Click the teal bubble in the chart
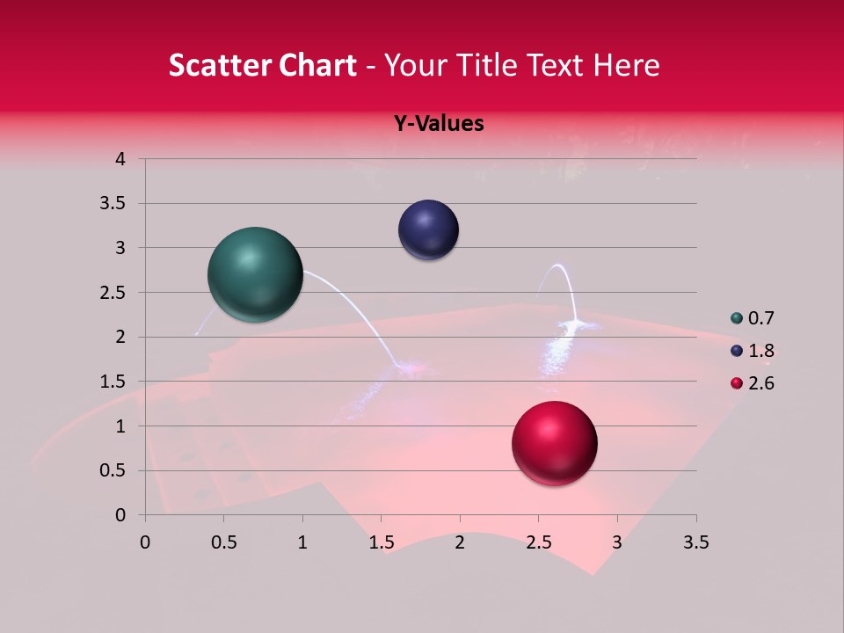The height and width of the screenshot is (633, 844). pyautogui.click(x=256, y=274)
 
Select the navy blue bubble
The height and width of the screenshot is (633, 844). pyautogui.click(x=428, y=230)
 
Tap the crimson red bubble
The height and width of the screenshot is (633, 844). pyautogui.click(x=555, y=444)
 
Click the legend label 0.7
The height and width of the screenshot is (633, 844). pyautogui.click(x=760, y=318)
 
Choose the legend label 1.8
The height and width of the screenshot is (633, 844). pyautogui.click(x=760, y=351)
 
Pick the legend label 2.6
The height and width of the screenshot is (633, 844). pyautogui.click(x=760, y=383)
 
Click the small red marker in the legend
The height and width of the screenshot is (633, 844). pyautogui.click(x=737, y=383)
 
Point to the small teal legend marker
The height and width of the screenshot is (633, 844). pyautogui.click(x=737, y=318)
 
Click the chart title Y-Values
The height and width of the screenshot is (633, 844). pyautogui.click(x=438, y=124)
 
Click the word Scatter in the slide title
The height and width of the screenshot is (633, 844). pyautogui.click(x=217, y=65)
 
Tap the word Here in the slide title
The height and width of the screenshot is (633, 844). pyautogui.click(x=626, y=65)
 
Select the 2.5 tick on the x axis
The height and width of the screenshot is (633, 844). pyautogui.click(x=538, y=542)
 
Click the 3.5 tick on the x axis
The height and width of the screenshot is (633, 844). pyautogui.click(x=695, y=542)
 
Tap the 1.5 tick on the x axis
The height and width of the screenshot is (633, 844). pyautogui.click(x=381, y=542)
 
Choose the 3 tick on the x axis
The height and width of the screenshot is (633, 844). pyautogui.click(x=617, y=542)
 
